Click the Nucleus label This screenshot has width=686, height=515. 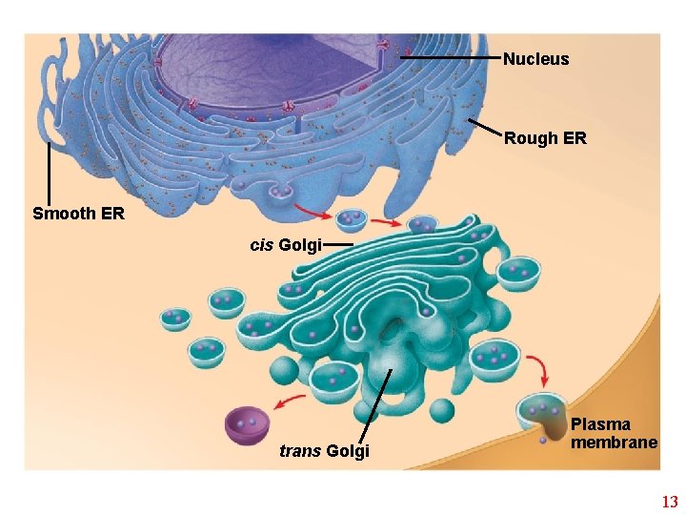(535, 59)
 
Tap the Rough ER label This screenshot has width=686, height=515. (545, 138)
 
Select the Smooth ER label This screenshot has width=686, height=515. (78, 214)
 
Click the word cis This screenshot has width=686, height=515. (261, 245)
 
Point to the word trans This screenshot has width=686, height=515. (300, 451)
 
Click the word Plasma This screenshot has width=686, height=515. (600, 424)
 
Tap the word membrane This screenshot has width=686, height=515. (614, 442)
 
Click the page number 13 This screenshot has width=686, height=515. (669, 502)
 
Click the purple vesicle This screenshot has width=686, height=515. (247, 425)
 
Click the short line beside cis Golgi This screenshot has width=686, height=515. (337, 245)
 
